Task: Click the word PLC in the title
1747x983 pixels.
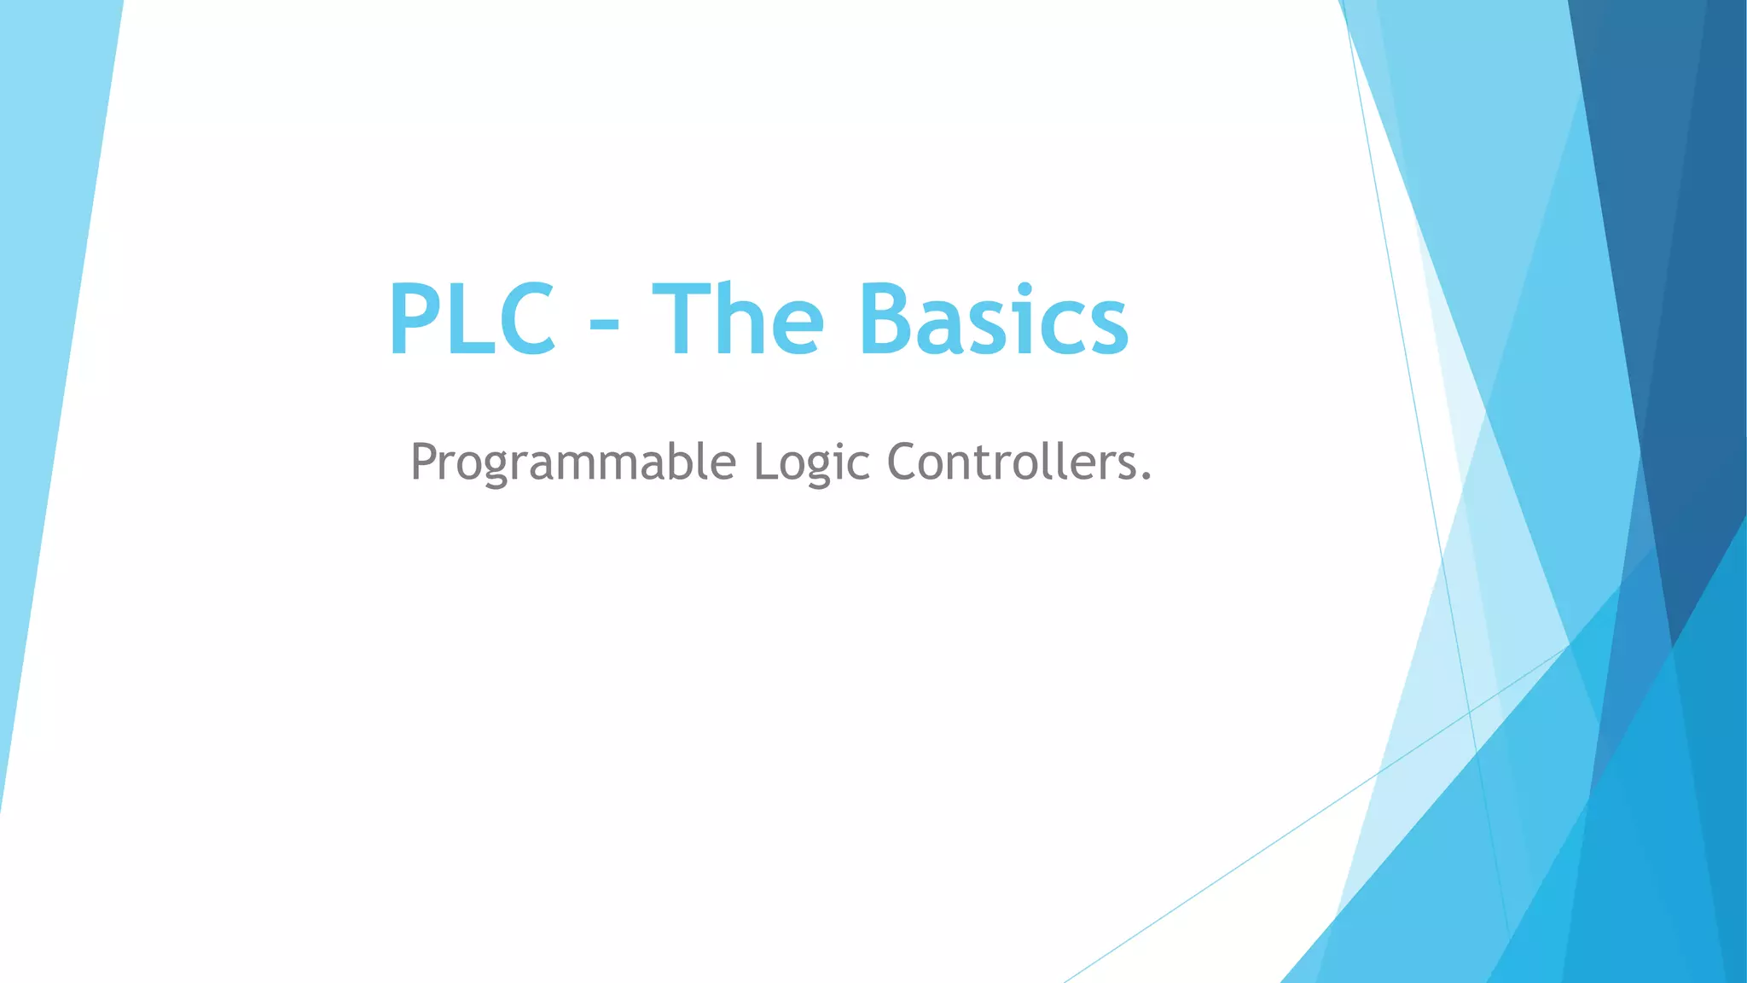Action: [472, 319]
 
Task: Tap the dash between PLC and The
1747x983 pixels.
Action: [604, 329]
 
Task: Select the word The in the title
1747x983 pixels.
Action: [738, 319]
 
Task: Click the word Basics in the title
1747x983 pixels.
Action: [994, 319]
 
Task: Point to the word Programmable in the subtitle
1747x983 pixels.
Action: [572, 462]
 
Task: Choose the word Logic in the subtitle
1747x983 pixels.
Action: [811, 462]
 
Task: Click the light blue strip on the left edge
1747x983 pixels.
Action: [43, 341]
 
